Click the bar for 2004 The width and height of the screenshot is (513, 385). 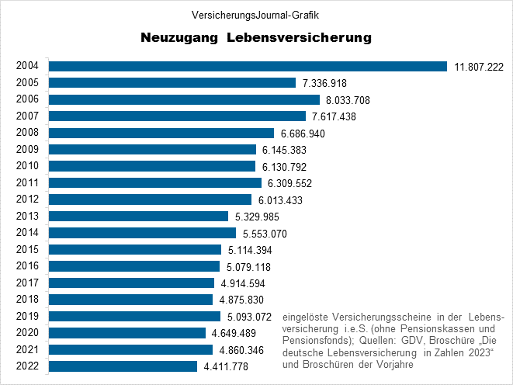(248, 66)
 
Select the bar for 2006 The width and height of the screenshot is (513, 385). (185, 99)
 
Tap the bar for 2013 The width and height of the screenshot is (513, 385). (139, 216)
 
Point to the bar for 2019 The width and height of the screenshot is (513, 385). (135, 316)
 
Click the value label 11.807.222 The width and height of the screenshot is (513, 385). (479, 67)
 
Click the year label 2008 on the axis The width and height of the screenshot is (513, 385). (27, 133)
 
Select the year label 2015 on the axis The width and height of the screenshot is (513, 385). (27, 249)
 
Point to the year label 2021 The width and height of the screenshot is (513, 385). (27, 349)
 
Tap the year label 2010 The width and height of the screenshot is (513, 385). (27, 166)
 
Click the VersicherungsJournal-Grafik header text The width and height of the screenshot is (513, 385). (256, 15)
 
